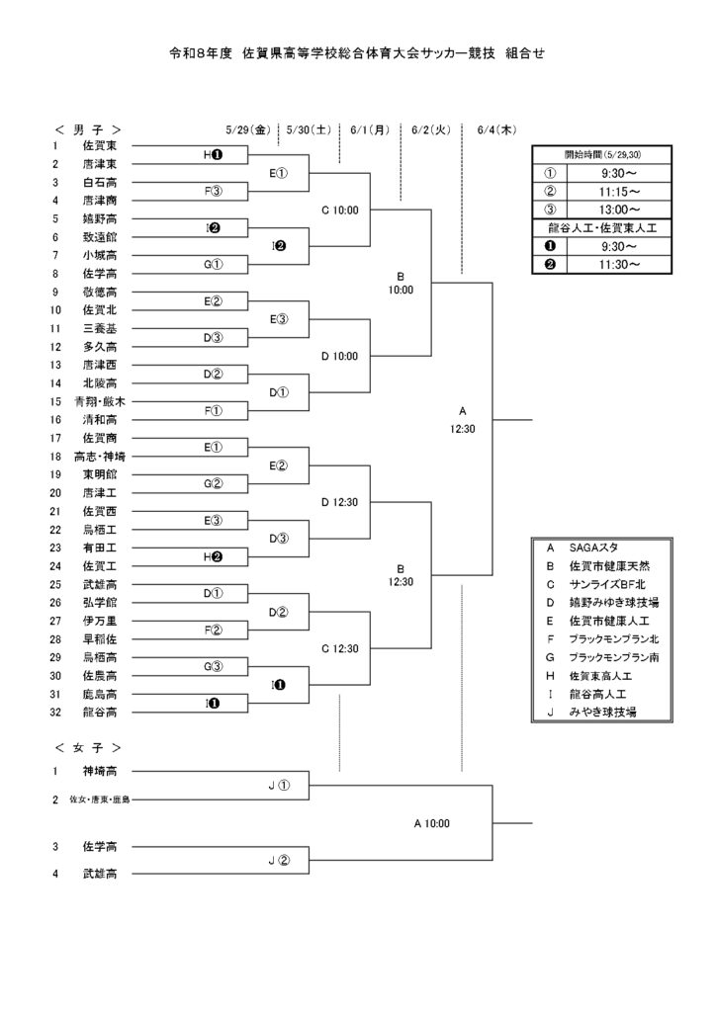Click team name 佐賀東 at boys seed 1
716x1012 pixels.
click(x=100, y=146)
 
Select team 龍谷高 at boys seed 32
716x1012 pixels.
click(x=100, y=713)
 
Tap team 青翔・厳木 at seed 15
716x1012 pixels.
click(x=100, y=401)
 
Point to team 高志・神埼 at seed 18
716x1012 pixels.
click(x=100, y=457)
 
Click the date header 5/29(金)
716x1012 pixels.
click(x=248, y=129)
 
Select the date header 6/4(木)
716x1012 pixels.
click(x=496, y=129)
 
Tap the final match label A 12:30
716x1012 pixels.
click(x=462, y=419)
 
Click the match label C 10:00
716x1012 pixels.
click(x=339, y=210)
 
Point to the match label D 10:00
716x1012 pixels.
click(x=339, y=356)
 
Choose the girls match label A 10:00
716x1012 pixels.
click(x=431, y=823)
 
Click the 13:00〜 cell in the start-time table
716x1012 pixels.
click(x=618, y=210)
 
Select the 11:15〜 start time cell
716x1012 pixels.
click(x=618, y=192)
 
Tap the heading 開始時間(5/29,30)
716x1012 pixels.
click(x=602, y=155)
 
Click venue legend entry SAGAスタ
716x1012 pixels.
click(x=593, y=548)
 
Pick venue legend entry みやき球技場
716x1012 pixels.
click(x=602, y=712)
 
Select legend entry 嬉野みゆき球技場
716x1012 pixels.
click(x=613, y=603)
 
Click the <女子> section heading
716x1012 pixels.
click(x=88, y=748)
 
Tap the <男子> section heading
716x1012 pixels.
click(x=88, y=129)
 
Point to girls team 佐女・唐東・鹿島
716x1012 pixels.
click(x=100, y=800)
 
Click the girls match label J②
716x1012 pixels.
click(x=279, y=861)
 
